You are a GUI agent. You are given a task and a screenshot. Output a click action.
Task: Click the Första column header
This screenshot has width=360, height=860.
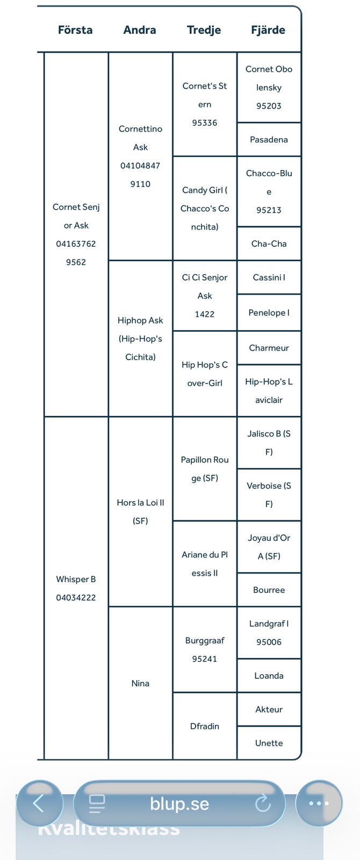(x=75, y=30)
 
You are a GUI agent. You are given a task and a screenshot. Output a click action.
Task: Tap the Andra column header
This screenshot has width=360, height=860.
(x=140, y=30)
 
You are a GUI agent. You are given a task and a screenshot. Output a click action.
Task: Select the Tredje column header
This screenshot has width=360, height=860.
(x=204, y=30)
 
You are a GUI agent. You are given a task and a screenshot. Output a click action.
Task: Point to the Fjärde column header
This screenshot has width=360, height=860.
(x=268, y=30)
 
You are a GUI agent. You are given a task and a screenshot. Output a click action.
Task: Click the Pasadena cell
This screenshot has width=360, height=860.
(x=269, y=140)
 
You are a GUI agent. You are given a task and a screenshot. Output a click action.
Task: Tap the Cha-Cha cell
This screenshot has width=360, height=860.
(x=269, y=244)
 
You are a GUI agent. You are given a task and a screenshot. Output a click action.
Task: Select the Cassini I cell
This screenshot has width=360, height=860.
(x=269, y=277)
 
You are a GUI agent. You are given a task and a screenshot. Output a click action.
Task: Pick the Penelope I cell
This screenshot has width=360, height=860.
(x=269, y=313)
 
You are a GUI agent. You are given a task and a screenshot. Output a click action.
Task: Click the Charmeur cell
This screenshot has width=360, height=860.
(x=269, y=348)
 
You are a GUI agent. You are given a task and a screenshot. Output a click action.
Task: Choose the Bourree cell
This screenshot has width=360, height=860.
(x=269, y=590)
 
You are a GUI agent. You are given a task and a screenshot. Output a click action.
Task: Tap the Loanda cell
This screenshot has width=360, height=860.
(x=269, y=676)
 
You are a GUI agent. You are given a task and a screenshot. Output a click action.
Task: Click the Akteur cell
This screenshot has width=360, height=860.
(x=269, y=709)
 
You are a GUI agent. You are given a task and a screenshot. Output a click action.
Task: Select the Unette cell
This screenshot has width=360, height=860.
(x=269, y=743)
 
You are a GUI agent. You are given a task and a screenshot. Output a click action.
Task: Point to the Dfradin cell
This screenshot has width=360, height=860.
(x=205, y=726)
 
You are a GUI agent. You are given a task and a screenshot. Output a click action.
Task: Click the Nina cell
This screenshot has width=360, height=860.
(x=140, y=683)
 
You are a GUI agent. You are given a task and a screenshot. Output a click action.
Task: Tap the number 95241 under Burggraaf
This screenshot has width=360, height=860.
(x=205, y=659)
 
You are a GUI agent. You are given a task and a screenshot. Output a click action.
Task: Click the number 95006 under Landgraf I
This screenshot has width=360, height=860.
(x=269, y=642)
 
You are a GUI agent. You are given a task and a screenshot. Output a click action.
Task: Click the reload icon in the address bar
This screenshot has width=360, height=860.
(x=263, y=803)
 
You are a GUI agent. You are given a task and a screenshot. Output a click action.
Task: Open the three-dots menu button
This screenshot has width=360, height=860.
(x=319, y=803)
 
